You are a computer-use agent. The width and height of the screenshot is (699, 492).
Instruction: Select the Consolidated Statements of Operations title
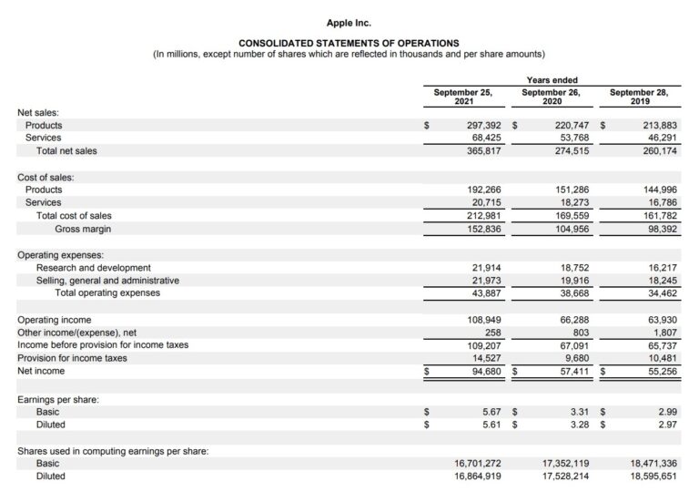(x=349, y=43)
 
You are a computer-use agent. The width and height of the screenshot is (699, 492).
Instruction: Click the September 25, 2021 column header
(x=462, y=97)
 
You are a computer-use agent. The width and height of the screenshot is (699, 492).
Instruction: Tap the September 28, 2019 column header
(x=637, y=97)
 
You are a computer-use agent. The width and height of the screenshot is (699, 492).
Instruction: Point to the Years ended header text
(x=552, y=80)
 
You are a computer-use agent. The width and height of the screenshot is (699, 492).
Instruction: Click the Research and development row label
(x=94, y=268)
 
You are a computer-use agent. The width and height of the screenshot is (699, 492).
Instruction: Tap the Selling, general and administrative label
(x=107, y=281)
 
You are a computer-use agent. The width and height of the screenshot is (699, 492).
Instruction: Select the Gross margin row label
(x=83, y=229)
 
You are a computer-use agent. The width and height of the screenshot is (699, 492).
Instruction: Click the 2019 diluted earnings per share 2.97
(x=666, y=425)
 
